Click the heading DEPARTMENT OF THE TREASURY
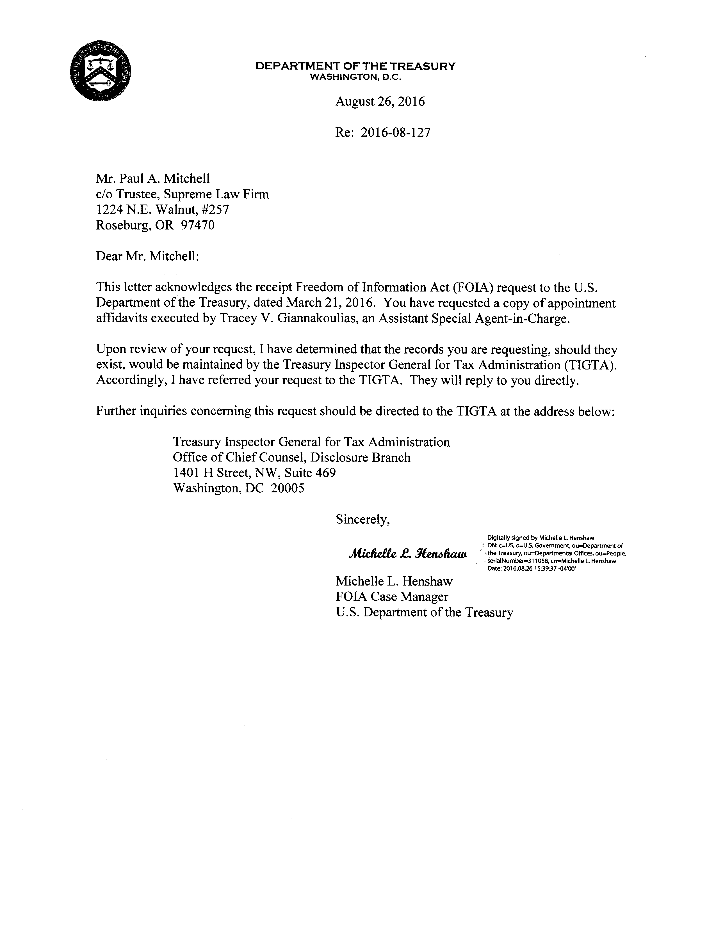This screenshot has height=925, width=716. point(355,66)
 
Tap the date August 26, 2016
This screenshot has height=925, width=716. point(380,102)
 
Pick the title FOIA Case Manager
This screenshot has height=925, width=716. point(392,597)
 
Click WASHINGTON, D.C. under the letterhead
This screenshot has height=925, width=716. point(355,77)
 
